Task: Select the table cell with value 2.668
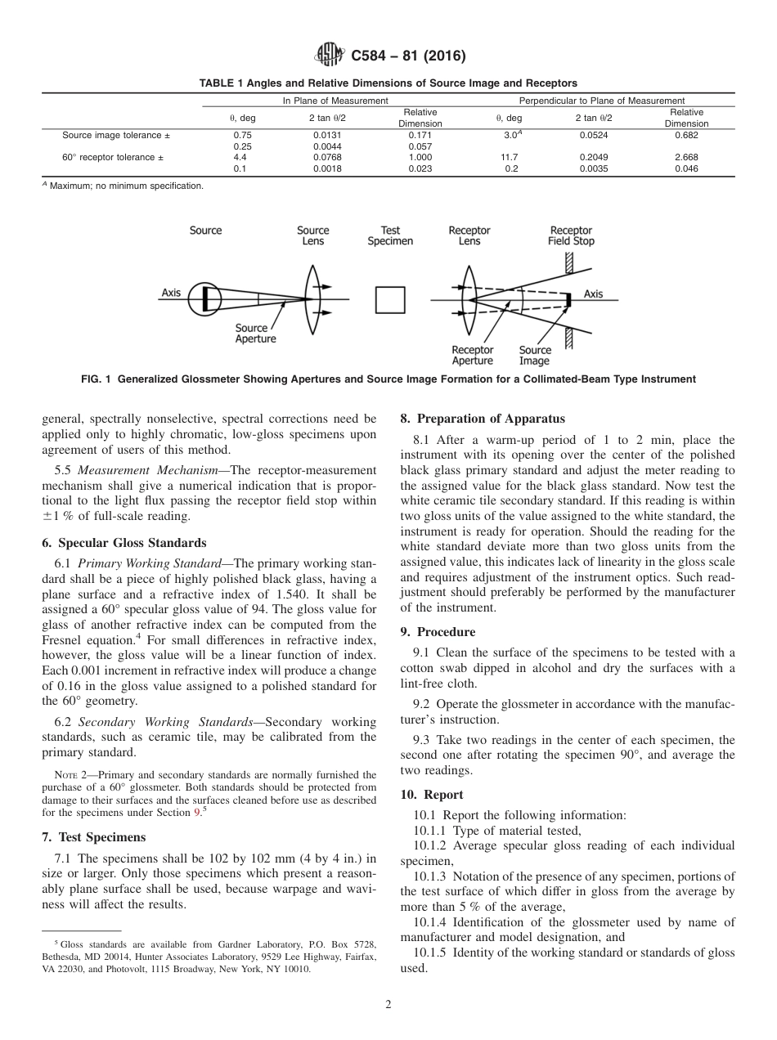[686, 157]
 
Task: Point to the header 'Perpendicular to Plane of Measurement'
[602, 101]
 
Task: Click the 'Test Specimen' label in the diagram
[390, 235]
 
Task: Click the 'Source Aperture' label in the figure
[255, 334]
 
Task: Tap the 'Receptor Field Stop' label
[571, 235]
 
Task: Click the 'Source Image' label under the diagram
[535, 355]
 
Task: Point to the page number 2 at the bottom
[388, 1005]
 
